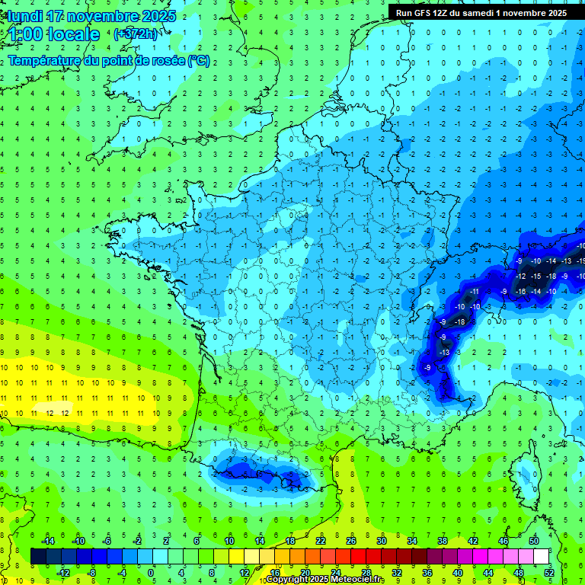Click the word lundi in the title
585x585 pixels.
pos(23,15)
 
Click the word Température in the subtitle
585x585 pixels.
pos(45,61)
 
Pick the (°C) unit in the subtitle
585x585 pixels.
pos(199,61)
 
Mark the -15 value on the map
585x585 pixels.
pos(536,276)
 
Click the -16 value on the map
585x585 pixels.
pos(521,292)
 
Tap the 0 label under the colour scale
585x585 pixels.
pos(151,572)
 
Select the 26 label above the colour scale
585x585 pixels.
pos(351,541)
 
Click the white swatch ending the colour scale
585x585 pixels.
pos(542,556)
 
